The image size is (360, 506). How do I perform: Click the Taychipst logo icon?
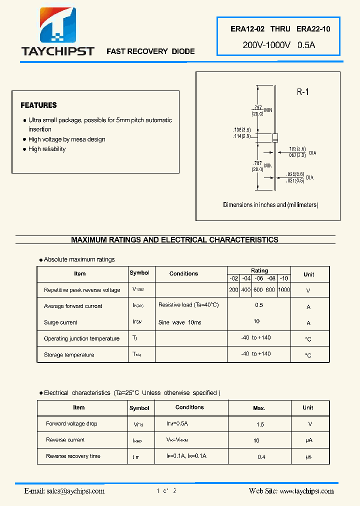point(58,25)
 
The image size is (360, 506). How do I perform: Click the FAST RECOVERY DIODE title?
point(150,51)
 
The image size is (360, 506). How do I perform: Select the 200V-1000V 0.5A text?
point(278,45)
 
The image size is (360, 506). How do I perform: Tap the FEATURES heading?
point(38,105)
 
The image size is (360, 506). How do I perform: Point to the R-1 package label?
point(303,92)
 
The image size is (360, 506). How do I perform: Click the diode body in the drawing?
point(274,138)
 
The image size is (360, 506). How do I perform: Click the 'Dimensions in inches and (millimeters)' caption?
point(270,205)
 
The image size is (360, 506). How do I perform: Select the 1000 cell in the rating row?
point(283,290)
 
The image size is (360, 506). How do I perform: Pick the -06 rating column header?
point(258,278)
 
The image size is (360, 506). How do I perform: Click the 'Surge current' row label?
point(60,322)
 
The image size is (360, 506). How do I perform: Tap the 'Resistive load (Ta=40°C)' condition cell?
point(188,305)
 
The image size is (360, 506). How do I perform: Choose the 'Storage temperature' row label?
point(69,355)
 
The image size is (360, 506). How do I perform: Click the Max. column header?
point(259,408)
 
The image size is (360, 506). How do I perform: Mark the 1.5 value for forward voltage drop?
point(259,424)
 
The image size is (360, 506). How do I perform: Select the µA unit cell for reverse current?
point(308,440)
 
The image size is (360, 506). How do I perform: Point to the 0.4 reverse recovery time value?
point(261,457)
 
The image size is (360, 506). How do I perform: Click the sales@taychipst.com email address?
point(64,491)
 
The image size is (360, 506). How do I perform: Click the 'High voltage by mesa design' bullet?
point(66,139)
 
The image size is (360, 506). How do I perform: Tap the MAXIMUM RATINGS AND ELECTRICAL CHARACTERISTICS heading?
point(174,240)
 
